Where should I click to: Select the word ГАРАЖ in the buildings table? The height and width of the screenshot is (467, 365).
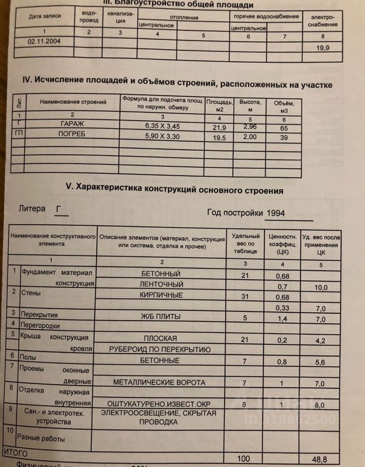[x=71, y=125]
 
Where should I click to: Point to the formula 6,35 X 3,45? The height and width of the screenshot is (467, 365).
[x=162, y=126]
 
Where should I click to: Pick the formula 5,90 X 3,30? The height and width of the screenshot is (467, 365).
[x=162, y=136]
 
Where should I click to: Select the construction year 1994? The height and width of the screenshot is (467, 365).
[x=275, y=213]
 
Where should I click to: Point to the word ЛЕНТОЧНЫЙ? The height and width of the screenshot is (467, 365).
[x=161, y=284]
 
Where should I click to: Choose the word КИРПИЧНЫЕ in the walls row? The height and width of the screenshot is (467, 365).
[x=161, y=295]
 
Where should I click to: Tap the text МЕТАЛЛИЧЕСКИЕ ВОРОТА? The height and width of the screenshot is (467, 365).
[x=159, y=383]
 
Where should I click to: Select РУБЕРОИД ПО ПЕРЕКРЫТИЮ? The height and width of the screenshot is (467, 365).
[x=159, y=349]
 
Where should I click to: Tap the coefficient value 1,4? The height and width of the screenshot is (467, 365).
[x=282, y=318]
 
